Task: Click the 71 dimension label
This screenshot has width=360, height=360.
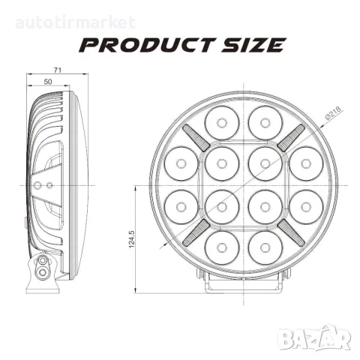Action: click(58, 70)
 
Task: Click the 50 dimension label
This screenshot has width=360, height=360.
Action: click(48, 82)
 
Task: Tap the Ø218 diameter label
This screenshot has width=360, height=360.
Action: click(333, 113)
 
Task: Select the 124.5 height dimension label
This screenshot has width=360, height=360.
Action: click(132, 239)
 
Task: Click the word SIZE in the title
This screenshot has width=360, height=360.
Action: click(253, 45)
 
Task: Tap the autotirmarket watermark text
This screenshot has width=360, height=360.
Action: click(76, 22)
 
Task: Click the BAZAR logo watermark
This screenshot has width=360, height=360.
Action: click(314, 337)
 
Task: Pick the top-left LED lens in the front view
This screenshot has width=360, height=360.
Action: click(222, 123)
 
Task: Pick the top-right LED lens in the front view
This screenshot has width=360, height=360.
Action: click(265, 123)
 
